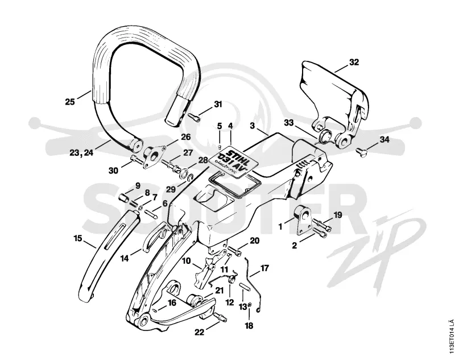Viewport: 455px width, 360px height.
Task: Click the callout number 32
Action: pyautogui.click(x=354, y=63)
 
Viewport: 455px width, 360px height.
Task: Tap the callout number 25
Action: pyautogui.click(x=70, y=102)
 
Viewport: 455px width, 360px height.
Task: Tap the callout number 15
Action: pyautogui.click(x=78, y=239)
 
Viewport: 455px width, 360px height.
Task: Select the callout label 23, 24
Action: pyautogui.click(x=81, y=152)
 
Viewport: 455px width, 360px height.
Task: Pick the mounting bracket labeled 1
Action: pyautogui.click(x=303, y=220)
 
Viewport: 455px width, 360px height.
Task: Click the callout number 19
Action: pyautogui.click(x=338, y=215)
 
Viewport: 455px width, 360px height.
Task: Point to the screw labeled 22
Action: pyautogui.click(x=221, y=317)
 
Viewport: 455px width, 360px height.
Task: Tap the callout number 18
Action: pyautogui.click(x=249, y=326)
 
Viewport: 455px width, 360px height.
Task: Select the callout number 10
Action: pyautogui.click(x=187, y=261)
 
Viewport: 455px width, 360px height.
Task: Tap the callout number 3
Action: pyautogui.click(x=252, y=126)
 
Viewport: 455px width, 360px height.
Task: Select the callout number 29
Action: pyautogui.click(x=171, y=190)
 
